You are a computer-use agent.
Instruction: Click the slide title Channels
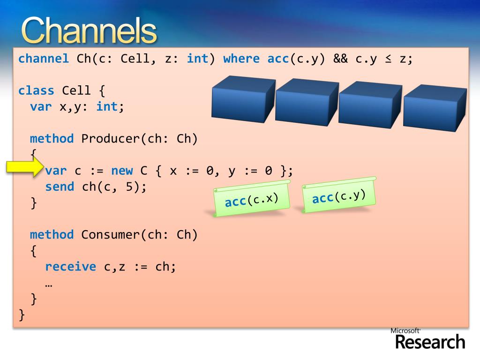[89, 30]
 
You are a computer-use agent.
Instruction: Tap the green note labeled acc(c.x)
[252, 198]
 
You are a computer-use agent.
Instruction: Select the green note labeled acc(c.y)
[339, 195]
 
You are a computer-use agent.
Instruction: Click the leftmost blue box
[243, 99]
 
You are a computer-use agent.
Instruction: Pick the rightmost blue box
[435, 108]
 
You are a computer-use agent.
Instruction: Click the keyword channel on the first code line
[44, 59]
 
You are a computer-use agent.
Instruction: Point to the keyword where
[241, 59]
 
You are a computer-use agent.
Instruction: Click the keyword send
[60, 187]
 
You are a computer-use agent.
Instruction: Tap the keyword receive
[71, 267]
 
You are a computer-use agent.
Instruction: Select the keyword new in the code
[122, 171]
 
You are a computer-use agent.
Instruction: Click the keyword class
[36, 90]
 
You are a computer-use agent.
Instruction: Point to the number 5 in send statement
[129, 187]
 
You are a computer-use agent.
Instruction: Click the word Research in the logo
[430, 342]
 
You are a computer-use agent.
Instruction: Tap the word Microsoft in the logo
[405, 330]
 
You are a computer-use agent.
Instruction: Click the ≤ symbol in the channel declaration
[388, 59]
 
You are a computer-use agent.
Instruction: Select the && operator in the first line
[340, 59]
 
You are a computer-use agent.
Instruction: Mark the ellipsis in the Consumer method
[49, 285]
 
